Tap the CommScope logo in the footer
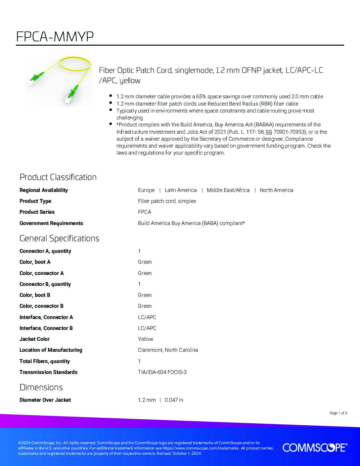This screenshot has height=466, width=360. click(315, 447)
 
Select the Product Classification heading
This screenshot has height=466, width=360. click(58, 177)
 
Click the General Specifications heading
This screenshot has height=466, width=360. click(59, 238)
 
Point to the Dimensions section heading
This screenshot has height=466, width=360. click(41, 387)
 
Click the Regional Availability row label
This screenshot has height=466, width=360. click(44, 190)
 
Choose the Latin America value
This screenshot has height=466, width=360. click(181, 190)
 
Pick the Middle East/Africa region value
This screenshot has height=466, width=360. click(228, 190)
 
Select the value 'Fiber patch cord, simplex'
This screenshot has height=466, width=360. click(167, 201)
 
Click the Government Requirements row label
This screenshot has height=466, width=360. click(51, 223)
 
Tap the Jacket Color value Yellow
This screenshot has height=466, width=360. click(146, 339)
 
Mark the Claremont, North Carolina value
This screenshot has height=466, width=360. click(168, 350)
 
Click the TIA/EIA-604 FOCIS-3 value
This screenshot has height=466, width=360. click(162, 372)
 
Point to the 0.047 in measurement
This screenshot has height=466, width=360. click(174, 400)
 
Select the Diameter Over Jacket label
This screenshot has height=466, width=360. click(45, 400)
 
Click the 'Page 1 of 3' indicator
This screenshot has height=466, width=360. click(338, 413)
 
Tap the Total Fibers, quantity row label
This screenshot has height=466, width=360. click(45, 361)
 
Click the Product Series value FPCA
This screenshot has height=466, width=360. click(145, 212)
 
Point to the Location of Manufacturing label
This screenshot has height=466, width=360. click(51, 350)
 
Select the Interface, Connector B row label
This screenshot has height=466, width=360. click(46, 328)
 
